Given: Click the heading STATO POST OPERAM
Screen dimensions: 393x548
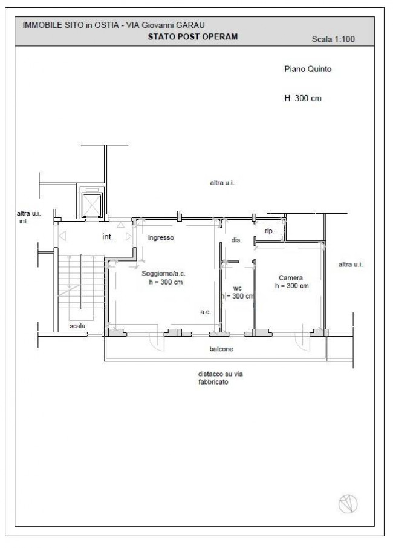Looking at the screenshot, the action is click(x=193, y=37).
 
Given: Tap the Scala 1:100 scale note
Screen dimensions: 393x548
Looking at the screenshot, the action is click(x=333, y=39).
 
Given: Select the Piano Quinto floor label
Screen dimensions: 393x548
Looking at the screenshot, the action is click(x=308, y=69).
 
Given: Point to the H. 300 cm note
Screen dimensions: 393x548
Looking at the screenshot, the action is click(x=302, y=99).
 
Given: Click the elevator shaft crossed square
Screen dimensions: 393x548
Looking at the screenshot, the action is click(x=92, y=205).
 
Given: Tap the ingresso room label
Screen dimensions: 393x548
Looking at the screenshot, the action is click(x=161, y=237).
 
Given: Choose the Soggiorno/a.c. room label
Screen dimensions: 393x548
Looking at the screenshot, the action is click(x=163, y=274).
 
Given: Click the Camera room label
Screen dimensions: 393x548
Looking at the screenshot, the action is click(x=291, y=278).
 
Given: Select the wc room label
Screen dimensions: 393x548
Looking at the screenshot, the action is click(x=238, y=288).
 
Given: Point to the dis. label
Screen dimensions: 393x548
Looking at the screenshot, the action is click(x=236, y=240).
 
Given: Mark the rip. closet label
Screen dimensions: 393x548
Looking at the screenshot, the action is click(x=269, y=231).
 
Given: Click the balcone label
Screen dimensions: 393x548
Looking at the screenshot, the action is click(x=221, y=349).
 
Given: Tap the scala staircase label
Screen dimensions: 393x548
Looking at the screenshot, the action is click(x=77, y=326).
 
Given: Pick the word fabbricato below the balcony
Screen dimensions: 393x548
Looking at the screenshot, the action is click(x=213, y=382).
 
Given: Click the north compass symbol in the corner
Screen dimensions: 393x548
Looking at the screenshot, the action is click(x=348, y=504).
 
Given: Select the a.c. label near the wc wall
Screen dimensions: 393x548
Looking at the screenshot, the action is click(x=206, y=312).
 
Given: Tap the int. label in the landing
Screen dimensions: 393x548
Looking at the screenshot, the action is click(x=108, y=237).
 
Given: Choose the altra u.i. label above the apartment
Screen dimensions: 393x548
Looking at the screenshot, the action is click(x=222, y=183).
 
